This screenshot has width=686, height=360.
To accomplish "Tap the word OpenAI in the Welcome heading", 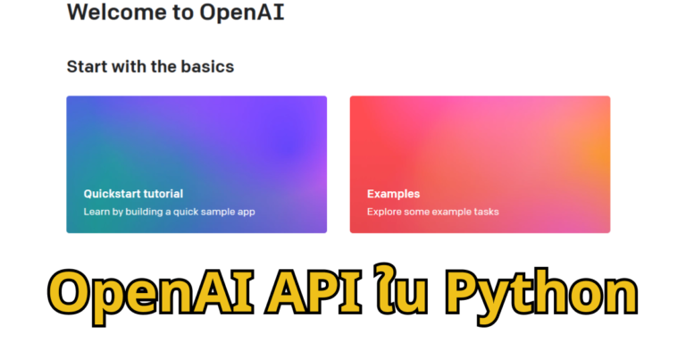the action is pyautogui.click(x=242, y=12).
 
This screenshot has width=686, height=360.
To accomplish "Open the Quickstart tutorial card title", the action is pyautogui.click(x=133, y=194).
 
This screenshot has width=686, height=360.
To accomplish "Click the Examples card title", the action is pyautogui.click(x=393, y=194).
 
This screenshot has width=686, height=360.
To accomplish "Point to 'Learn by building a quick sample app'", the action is pyautogui.click(x=170, y=212).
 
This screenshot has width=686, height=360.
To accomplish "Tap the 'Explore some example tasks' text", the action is pyautogui.click(x=432, y=212).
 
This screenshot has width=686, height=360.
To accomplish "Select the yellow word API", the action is pyautogui.click(x=314, y=292).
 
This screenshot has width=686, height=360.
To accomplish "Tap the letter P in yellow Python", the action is pyautogui.click(x=462, y=292).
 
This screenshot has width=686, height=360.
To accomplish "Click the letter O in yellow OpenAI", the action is pyautogui.click(x=73, y=292).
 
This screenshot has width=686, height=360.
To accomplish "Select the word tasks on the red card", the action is pyautogui.click(x=487, y=212).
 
